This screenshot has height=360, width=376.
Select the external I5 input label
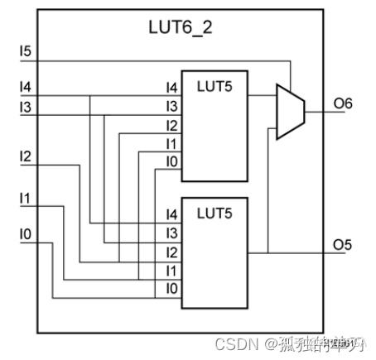(x=26, y=52)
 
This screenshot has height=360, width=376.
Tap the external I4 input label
(x=26, y=87)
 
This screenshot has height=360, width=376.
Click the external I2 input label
(x=26, y=156)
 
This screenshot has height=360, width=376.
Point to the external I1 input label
(x=26, y=199)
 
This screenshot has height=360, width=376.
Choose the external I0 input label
(x=26, y=235)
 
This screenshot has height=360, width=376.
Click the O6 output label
(x=343, y=103)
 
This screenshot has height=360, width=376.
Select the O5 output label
(x=343, y=245)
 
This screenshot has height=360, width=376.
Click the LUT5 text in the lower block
(x=215, y=213)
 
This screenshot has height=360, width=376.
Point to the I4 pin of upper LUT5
(x=171, y=88)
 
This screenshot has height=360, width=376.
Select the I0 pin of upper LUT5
(x=171, y=162)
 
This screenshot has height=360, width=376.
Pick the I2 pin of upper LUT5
(x=171, y=125)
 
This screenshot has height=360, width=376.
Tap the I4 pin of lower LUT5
(x=171, y=214)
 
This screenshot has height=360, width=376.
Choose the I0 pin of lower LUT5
(x=171, y=289)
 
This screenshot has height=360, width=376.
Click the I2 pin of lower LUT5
(x=171, y=252)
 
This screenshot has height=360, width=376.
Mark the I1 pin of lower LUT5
(x=171, y=271)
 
